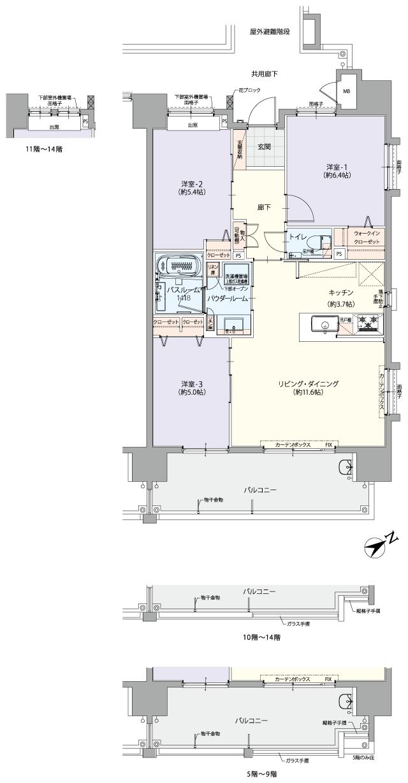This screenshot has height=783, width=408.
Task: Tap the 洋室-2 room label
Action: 191,185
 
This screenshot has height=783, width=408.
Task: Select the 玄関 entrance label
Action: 264,145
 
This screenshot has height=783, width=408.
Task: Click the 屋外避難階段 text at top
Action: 270,31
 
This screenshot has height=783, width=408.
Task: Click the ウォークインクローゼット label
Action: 367,237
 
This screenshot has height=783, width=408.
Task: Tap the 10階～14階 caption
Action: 264,636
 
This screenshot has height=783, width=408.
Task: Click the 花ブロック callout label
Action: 251,91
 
